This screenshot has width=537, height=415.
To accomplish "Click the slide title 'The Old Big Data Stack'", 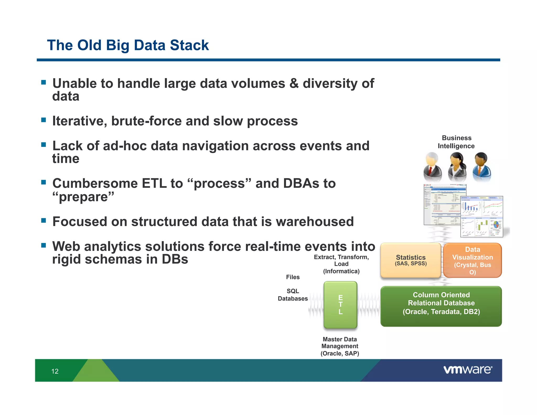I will coord(128,45).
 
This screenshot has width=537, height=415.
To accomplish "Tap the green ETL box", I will coord(340,305).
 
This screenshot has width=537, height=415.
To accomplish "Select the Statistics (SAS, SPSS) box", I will coord(411,260).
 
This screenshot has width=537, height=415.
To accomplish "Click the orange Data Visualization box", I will coord(472,260).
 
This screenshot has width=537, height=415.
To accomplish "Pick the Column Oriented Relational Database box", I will coord(441,306).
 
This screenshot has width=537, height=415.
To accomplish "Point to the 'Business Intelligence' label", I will coord(456,142).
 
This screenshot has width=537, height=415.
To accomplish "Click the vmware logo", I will coord(468,370).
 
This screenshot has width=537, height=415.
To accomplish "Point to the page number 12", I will coord(55,371).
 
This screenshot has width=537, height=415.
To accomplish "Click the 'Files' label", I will coord(293,277).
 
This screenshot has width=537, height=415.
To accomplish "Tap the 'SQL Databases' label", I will coord(293,295).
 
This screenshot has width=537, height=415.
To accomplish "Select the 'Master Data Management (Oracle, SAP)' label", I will coord(340,346).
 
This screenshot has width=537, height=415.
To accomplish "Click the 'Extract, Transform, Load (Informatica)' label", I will coord(341,264).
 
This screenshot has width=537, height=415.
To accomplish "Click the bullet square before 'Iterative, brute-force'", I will coord(44,120).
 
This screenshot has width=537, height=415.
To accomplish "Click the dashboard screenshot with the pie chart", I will coord(482,217).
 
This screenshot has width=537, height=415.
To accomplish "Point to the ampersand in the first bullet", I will coord(294,83).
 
